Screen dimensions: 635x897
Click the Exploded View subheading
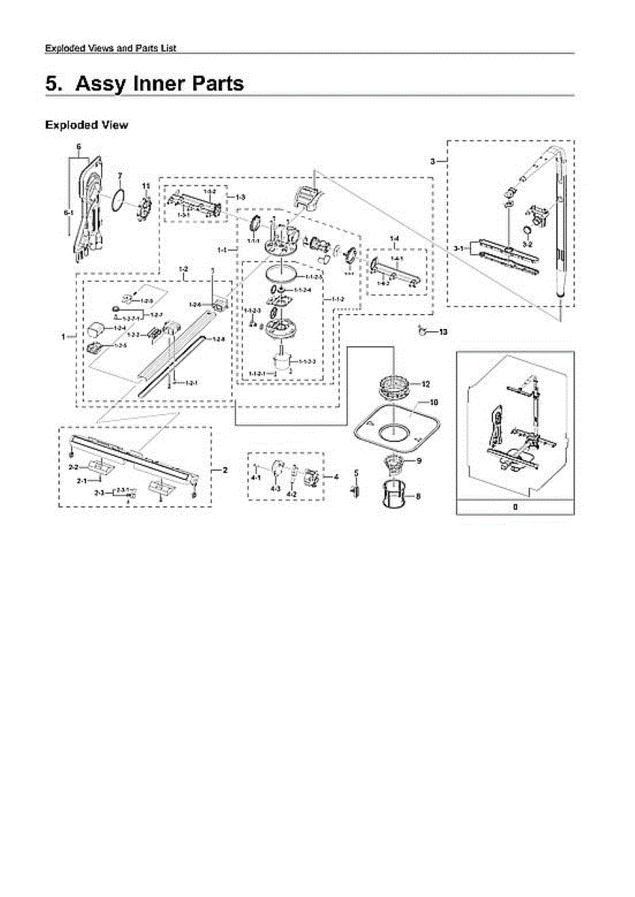[86, 125]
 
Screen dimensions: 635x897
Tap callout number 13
[443, 330]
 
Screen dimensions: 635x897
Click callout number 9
[419, 460]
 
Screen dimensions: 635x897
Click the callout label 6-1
[68, 213]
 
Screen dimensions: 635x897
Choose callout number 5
[356, 473]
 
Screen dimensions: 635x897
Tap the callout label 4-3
[274, 487]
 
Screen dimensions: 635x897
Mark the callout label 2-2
[74, 466]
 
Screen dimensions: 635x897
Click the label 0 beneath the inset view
[515, 506]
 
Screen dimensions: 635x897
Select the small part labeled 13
[423, 330]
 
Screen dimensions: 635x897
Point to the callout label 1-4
[394, 237]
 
